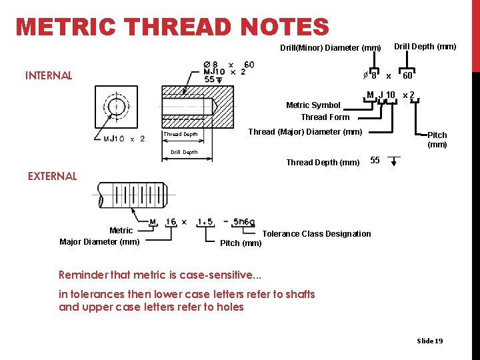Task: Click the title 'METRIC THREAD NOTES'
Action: (172, 27)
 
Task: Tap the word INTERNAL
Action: (49, 75)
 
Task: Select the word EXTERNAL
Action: (52, 176)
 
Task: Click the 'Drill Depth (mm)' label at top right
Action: (425, 47)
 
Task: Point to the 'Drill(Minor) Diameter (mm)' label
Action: (330, 48)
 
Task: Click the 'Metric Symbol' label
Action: (313, 105)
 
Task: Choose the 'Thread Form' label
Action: (325, 117)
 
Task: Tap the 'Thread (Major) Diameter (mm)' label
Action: (305, 131)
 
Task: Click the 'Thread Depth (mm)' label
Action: (323, 163)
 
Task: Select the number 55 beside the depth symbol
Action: (375, 161)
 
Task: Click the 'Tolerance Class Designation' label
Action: (317, 233)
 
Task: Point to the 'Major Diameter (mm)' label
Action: (99, 241)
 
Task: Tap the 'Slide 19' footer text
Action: (429, 341)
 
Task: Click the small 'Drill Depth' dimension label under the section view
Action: (184, 152)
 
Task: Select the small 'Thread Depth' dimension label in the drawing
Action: (181, 134)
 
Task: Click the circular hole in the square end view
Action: (117, 107)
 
